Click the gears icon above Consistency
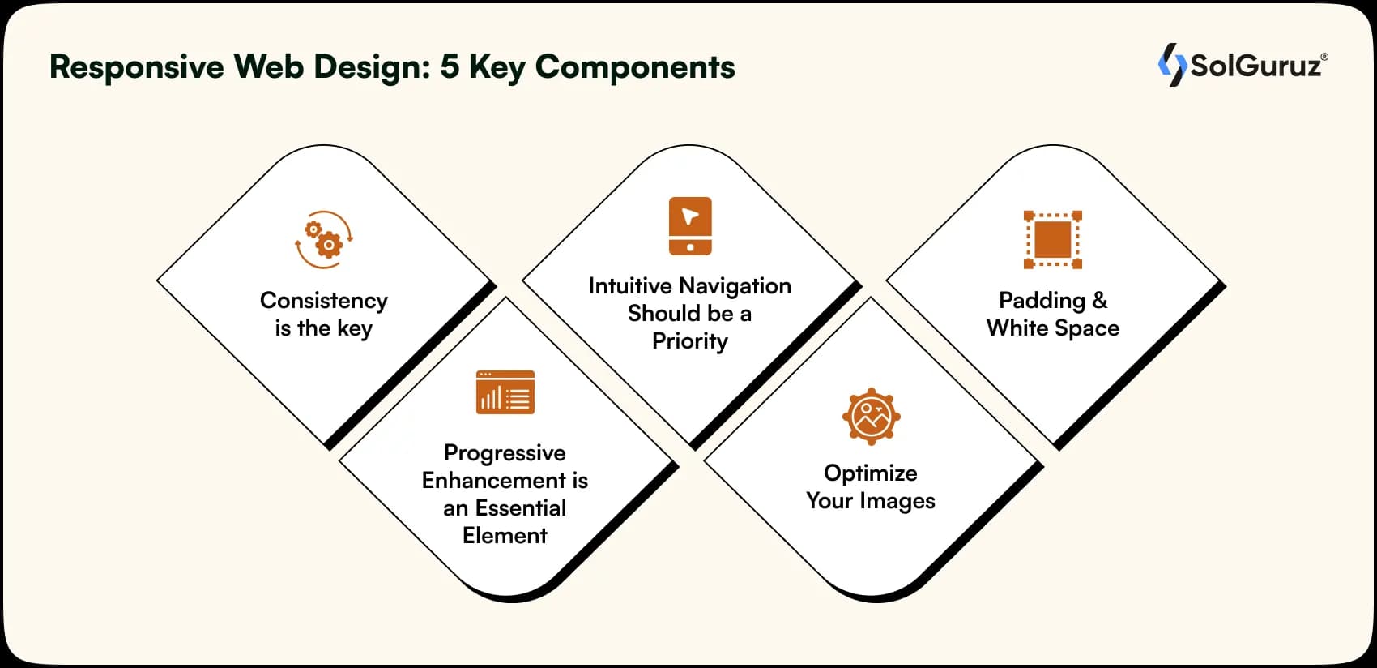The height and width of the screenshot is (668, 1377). (324, 239)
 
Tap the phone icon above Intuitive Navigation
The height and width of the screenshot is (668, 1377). (690, 226)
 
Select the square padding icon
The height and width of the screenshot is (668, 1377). (1053, 239)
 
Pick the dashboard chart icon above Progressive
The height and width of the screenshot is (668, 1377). (505, 392)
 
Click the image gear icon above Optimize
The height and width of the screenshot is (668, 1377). (871, 416)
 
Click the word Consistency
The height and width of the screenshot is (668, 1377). (324, 301)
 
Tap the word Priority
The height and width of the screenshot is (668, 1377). (690, 341)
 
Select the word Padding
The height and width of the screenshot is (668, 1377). (1042, 301)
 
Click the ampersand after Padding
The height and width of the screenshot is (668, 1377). (1099, 300)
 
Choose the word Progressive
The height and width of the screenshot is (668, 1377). (505, 453)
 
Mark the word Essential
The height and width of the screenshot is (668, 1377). (521, 508)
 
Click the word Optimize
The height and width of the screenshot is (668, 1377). (871, 473)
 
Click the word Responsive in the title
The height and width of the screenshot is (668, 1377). (136, 67)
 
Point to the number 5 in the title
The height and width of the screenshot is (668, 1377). (449, 67)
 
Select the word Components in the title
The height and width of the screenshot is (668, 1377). (635, 67)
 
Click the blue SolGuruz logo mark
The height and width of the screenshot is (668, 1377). (1172, 64)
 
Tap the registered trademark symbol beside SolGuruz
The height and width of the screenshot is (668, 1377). (1324, 57)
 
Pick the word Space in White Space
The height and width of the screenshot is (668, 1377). (1087, 328)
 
